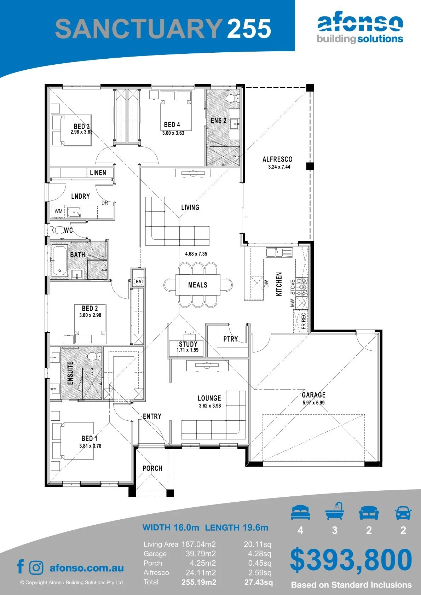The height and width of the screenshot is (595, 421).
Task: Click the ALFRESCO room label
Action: tap(277, 159)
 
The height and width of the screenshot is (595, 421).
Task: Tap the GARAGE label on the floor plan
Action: tap(313, 395)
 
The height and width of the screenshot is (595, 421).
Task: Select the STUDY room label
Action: tap(188, 344)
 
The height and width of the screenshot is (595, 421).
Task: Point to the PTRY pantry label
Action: tap(230, 339)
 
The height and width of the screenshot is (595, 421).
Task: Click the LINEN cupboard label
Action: tap(98, 173)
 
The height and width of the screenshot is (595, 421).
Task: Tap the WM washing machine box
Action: tap(58, 211)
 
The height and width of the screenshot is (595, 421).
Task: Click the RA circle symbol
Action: tap(138, 281)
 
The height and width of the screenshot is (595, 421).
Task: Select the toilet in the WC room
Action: tap(57, 230)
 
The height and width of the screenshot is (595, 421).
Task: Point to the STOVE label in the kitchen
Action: tap(293, 287)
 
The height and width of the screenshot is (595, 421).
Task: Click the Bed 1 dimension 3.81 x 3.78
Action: tap(90, 446)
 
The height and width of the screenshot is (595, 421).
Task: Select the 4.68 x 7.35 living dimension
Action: tap(196, 254)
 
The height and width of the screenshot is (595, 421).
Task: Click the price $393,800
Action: tap(351, 560)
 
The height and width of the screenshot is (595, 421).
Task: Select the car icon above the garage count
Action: tap(403, 513)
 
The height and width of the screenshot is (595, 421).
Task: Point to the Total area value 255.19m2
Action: tap(199, 582)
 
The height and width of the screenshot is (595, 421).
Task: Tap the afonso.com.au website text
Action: tap(87, 568)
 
